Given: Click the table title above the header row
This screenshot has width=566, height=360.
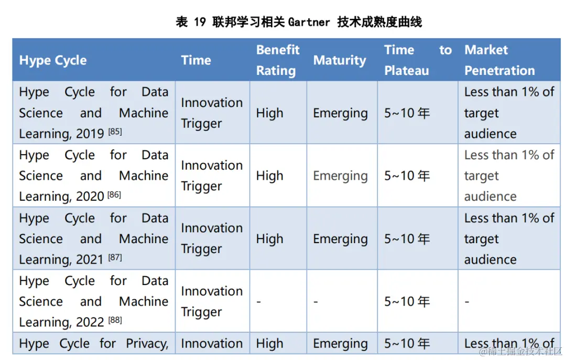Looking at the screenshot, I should click(299, 22).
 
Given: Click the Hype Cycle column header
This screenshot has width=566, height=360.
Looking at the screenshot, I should click(53, 60).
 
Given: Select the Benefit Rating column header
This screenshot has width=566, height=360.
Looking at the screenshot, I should click(278, 60).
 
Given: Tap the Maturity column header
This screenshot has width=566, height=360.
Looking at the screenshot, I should click(340, 60).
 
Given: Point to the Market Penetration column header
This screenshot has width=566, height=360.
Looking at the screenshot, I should click(499, 60).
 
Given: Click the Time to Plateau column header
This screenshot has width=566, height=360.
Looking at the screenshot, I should click(417, 60).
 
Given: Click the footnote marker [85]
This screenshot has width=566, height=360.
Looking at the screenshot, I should click(115, 132).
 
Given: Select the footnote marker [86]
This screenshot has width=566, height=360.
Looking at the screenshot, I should click(114, 195).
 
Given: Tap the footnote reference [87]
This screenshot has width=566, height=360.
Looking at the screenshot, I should click(115, 258).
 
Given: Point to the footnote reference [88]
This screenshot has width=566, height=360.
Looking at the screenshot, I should click(115, 320).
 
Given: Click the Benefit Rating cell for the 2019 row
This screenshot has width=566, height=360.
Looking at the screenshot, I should click(269, 113).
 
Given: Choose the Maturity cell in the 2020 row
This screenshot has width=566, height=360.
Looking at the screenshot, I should click(340, 176).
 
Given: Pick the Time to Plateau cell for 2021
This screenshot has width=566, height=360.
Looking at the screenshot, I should click(407, 239).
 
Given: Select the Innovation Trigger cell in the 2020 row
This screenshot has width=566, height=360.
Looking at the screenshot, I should click(212, 176).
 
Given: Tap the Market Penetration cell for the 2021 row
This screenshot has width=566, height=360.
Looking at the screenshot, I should click(508, 239).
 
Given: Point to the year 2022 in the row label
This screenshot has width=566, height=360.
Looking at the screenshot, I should click(90, 322).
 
